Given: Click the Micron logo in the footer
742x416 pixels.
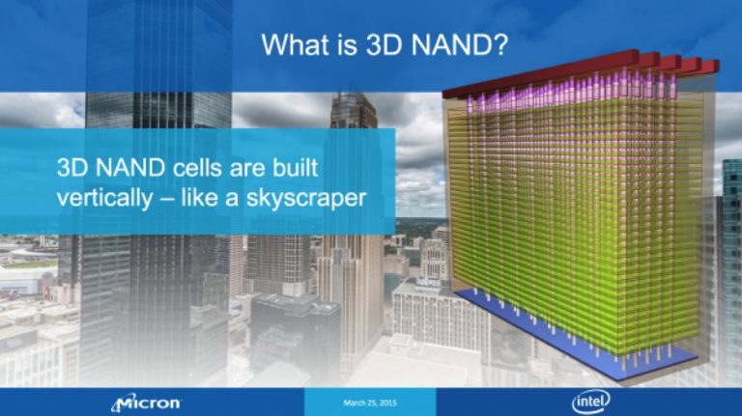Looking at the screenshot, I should [x=147, y=402].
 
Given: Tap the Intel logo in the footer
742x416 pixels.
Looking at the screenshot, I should [x=590, y=402].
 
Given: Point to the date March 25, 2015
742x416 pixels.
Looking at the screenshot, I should [x=370, y=402].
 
